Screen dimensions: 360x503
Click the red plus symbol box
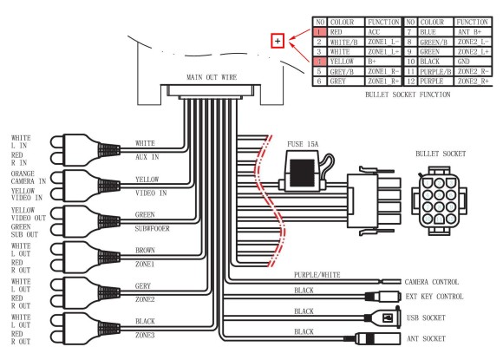tap(278, 40)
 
